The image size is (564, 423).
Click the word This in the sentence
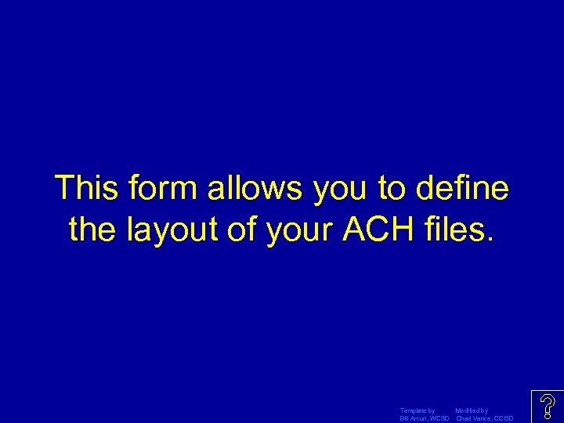(85, 189)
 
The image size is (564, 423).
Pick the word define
(463, 189)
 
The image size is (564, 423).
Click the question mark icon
(548, 407)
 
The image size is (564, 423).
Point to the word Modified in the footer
(468, 410)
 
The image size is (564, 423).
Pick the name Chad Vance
(474, 418)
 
